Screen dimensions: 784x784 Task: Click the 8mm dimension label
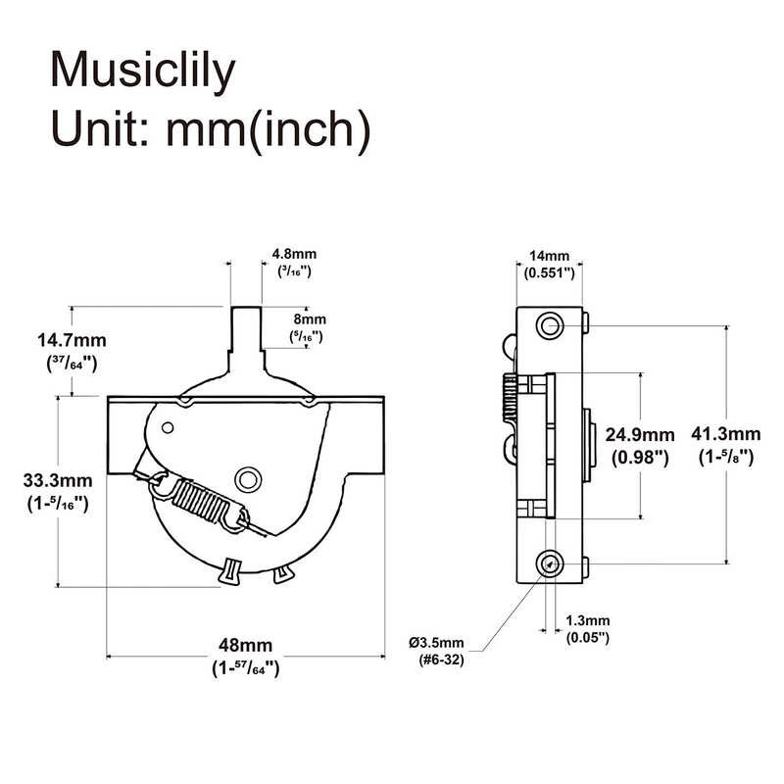(x=310, y=319)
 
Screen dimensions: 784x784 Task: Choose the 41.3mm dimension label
(x=726, y=435)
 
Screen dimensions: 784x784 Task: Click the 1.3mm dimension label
(x=588, y=621)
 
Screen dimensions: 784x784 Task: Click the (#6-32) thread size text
(x=437, y=661)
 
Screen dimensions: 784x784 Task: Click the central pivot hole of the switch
(x=249, y=477)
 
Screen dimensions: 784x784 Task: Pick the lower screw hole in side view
(x=551, y=561)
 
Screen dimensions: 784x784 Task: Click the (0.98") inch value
(x=639, y=457)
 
